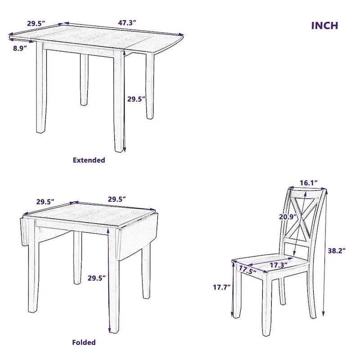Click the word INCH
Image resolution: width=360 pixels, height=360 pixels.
point(324,25)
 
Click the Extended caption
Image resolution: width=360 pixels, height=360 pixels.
point(89,160)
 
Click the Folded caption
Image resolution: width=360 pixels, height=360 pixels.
point(84,342)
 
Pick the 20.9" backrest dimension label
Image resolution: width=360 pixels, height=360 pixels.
point(288,216)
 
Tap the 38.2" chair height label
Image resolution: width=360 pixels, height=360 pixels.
point(336,251)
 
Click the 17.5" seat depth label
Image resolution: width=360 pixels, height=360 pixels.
point(247,270)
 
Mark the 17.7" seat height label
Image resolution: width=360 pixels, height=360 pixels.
point(222,286)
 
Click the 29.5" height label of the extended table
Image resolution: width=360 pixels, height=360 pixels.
point(136,99)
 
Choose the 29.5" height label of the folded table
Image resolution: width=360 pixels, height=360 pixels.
point(96,278)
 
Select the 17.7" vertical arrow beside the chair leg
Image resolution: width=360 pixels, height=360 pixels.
point(233,290)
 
